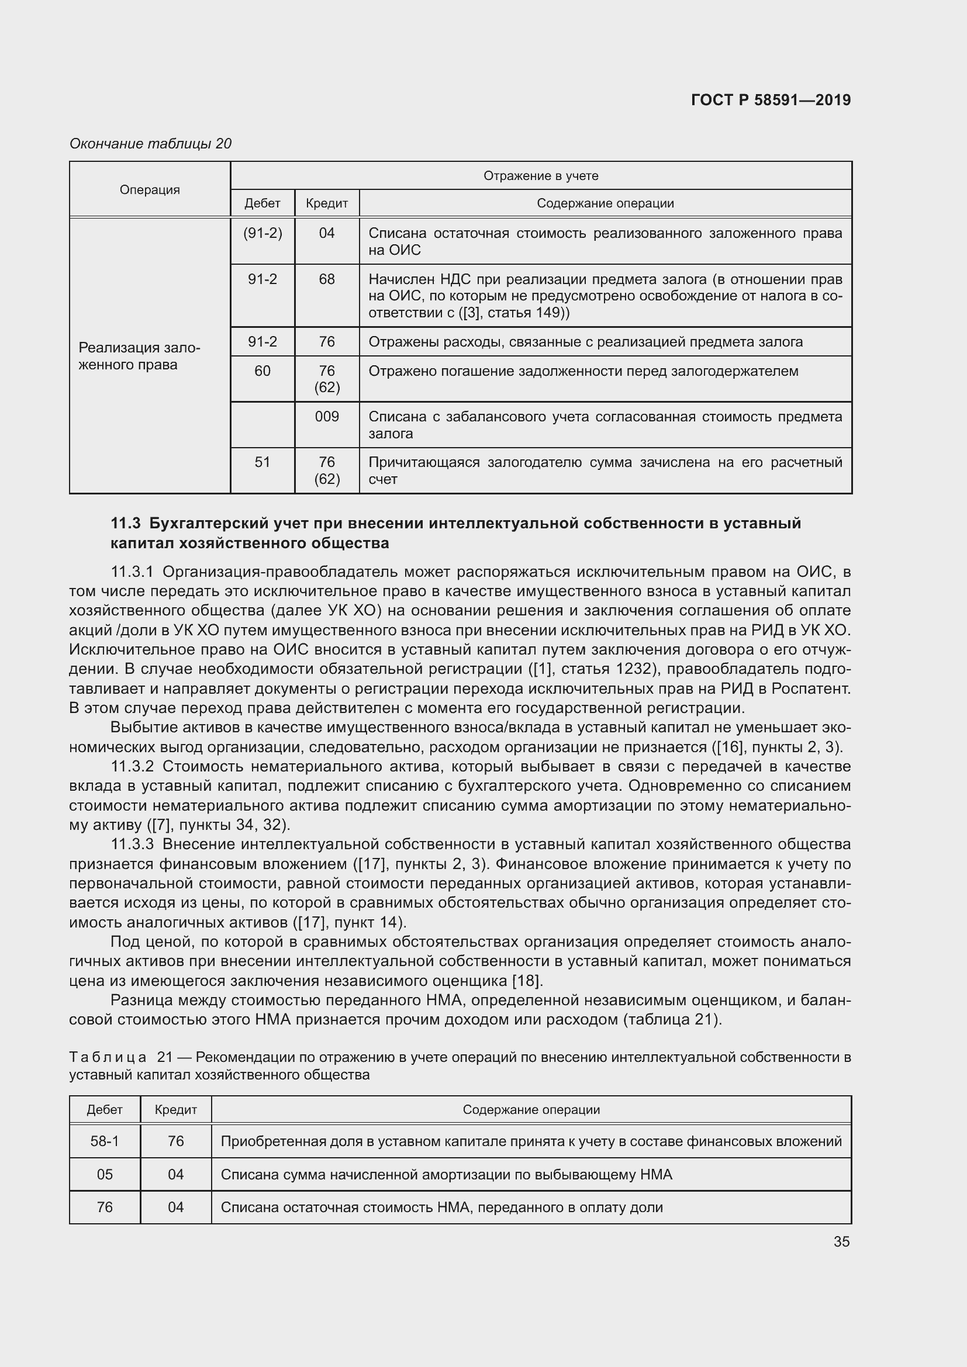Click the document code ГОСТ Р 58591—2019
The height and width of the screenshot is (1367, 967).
pos(771,100)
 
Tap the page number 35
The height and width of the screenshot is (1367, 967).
pos(841,1241)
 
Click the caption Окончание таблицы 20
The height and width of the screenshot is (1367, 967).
pos(150,144)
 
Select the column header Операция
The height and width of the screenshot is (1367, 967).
pos(150,189)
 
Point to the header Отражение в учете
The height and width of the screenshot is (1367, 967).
pos(540,176)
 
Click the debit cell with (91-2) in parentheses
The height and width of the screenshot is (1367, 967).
pos(263,233)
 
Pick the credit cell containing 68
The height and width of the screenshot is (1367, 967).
pos(327,279)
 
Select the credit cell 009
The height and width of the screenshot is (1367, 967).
pos(327,416)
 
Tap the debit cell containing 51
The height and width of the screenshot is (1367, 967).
pos(263,462)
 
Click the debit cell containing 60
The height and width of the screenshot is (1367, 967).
pos(263,371)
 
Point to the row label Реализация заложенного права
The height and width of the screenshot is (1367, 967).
pos(139,356)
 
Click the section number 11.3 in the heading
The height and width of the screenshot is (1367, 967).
pos(125,523)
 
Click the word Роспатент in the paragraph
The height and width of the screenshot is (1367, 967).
pos(810,688)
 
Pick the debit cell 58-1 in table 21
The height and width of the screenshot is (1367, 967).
pos(105,1141)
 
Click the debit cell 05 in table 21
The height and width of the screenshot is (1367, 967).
pos(105,1174)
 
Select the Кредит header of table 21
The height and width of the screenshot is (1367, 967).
pos(175,1109)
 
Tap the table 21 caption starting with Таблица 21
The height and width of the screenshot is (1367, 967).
pos(108,1057)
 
